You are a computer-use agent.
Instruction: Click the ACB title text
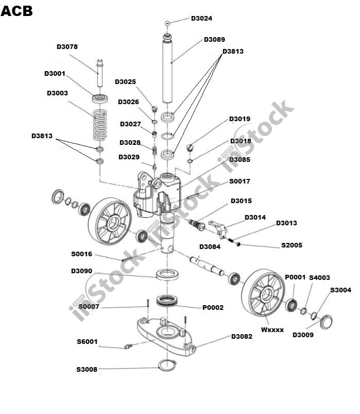(x=17, y=10)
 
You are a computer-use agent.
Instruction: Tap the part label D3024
(x=201, y=18)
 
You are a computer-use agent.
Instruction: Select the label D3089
(x=214, y=39)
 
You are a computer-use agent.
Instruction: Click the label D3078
(x=67, y=46)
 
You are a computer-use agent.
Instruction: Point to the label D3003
(x=57, y=93)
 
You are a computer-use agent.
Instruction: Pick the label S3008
(x=87, y=369)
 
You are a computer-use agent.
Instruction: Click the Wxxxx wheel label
(x=272, y=329)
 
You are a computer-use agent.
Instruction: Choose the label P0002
(x=213, y=308)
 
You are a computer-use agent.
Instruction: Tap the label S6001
(x=87, y=341)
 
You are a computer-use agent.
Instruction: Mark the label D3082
(x=242, y=337)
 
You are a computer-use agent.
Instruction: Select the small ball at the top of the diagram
(x=167, y=23)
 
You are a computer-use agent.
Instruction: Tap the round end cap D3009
(x=325, y=323)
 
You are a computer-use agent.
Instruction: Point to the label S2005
(x=292, y=245)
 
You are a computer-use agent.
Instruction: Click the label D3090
(x=81, y=271)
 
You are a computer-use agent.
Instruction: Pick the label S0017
(x=239, y=181)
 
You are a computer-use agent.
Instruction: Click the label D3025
(x=125, y=81)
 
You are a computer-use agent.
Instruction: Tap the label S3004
(x=340, y=290)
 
